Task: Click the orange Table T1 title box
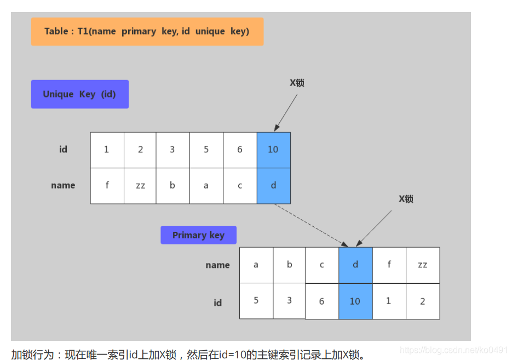coord(147,31)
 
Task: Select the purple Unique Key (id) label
coord(79,94)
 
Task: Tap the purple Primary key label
coord(198,235)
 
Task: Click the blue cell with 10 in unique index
coord(273,150)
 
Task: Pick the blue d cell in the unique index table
coord(273,185)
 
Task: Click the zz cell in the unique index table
coord(140,185)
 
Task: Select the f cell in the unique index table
coord(107,185)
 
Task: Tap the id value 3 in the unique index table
coord(172,150)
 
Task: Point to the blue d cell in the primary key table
coord(355,265)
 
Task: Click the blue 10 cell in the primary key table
coord(355,301)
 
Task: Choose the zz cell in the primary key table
coord(422,265)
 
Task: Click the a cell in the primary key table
coord(256,265)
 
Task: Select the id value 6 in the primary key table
coord(321,301)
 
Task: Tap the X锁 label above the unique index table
coord(297,83)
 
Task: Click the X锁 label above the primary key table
coord(406,199)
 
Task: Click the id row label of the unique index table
coord(63,150)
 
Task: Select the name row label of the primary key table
coord(217,265)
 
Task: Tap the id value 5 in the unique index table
coord(206,150)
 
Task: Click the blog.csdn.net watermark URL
coord(454,350)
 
